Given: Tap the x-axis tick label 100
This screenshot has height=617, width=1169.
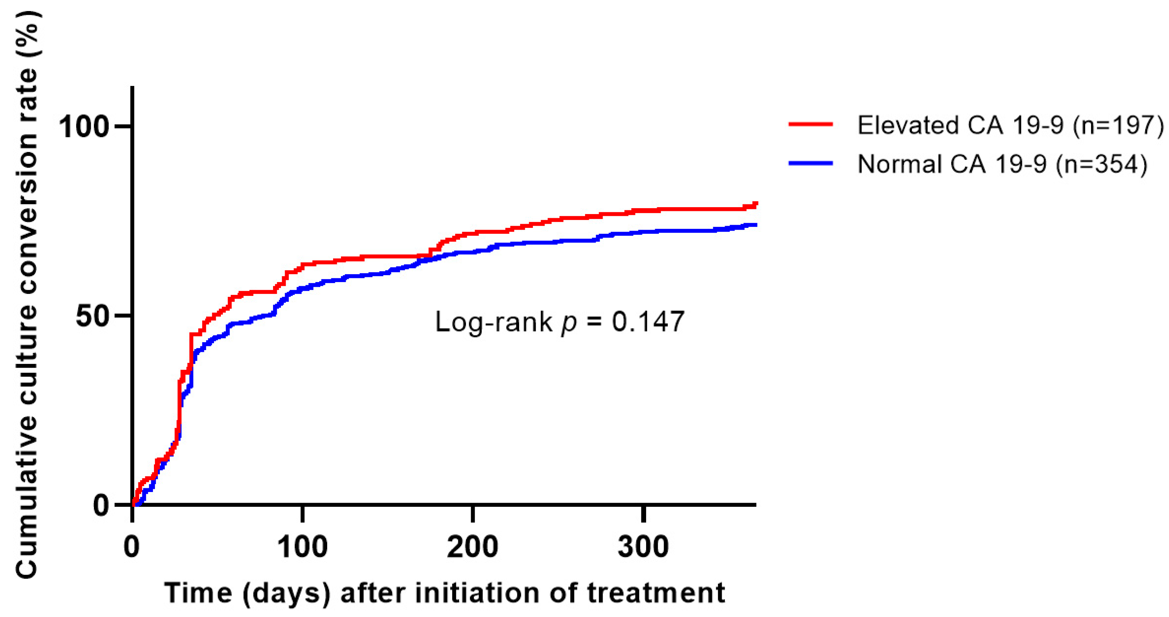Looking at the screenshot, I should [302, 547].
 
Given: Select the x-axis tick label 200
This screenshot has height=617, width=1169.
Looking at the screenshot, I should [473, 547].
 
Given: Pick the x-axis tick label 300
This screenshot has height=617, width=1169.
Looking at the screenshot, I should [643, 547].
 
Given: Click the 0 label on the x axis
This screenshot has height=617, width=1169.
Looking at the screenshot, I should [131, 547].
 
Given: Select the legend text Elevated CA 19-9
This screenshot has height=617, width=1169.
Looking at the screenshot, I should [960, 125].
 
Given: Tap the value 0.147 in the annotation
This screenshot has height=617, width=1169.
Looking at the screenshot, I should [647, 322].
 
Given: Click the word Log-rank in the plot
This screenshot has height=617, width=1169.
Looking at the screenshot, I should [493, 322].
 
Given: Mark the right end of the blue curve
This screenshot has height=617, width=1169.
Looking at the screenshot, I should [755, 225].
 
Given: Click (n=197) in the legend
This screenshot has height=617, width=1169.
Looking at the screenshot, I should [1118, 125].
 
